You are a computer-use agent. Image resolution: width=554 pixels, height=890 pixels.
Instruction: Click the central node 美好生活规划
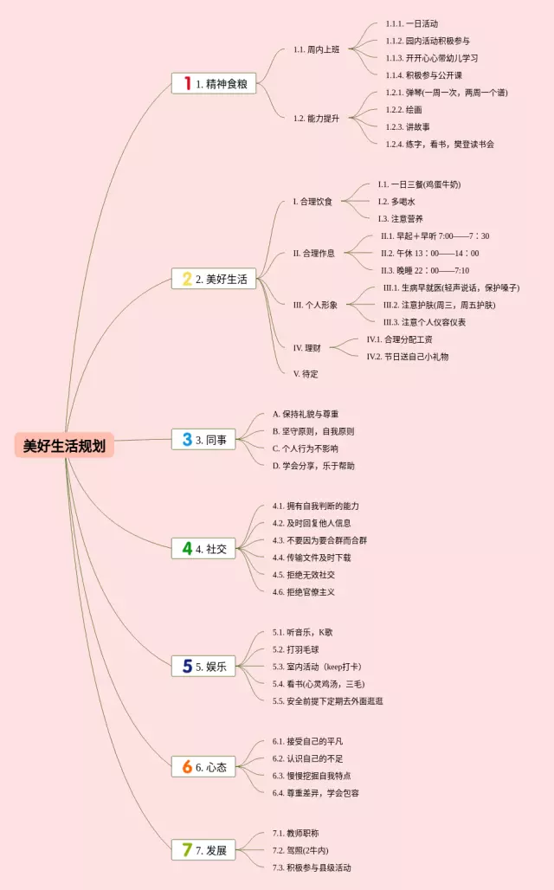click(x=64, y=446)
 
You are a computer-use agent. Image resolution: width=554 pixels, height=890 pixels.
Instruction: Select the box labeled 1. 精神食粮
click(x=214, y=83)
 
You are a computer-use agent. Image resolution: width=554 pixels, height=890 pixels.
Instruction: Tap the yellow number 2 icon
click(x=187, y=279)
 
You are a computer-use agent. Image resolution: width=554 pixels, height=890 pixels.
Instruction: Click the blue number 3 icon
click(x=187, y=439)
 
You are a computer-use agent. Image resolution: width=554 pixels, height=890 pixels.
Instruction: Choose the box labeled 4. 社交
click(x=203, y=548)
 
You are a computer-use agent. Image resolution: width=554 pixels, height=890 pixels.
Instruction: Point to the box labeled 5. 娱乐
click(x=203, y=666)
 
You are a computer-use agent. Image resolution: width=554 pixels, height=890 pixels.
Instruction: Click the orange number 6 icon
click(x=187, y=766)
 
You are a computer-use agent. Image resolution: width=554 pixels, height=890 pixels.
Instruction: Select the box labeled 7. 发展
click(x=203, y=850)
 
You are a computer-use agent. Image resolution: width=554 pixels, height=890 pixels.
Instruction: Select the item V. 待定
click(x=306, y=373)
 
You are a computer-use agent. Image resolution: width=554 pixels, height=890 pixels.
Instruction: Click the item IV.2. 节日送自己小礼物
click(x=408, y=356)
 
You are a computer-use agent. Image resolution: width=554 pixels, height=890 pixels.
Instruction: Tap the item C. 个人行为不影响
click(x=306, y=448)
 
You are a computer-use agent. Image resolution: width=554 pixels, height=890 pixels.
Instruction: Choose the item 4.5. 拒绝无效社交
click(x=304, y=574)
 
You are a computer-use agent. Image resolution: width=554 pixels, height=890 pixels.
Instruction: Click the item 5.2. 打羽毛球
click(x=297, y=649)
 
